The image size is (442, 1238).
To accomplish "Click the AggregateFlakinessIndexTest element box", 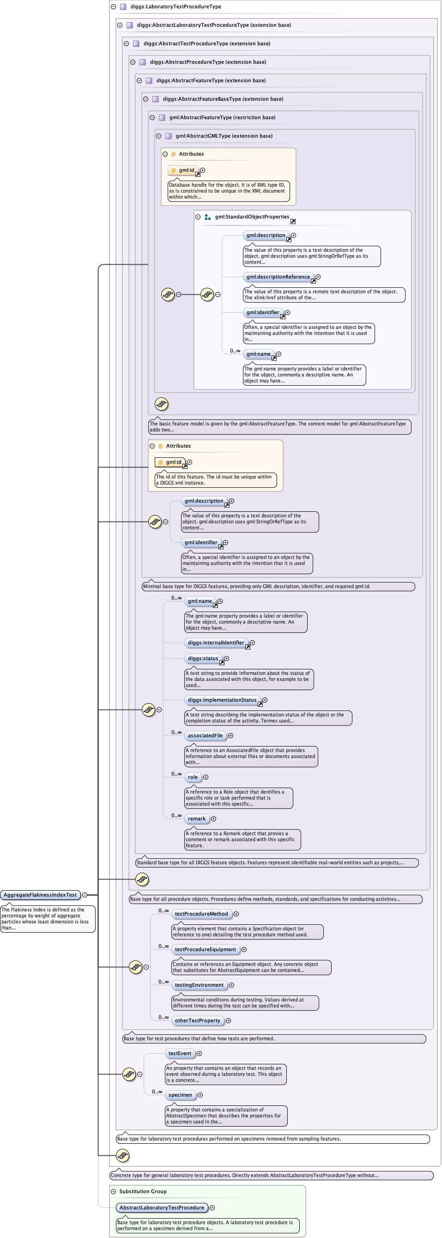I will click(x=40, y=895).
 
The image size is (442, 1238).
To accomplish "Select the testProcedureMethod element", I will click(x=201, y=914).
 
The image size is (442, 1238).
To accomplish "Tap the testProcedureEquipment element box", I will click(x=205, y=949).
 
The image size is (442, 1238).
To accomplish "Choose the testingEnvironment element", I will click(x=199, y=985).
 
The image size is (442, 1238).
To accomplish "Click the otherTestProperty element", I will click(x=198, y=1020).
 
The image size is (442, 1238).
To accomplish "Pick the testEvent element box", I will click(x=180, y=1053).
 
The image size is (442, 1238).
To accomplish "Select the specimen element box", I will click(x=180, y=1095).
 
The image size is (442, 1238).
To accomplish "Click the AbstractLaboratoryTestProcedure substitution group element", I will click(x=162, y=1207).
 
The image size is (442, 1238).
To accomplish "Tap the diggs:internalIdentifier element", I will click(x=216, y=643).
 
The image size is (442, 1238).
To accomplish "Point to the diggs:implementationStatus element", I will click(x=222, y=700).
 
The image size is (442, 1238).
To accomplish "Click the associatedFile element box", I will click(x=205, y=735).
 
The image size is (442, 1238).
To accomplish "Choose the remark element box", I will click(x=196, y=819).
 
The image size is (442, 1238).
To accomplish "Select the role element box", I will click(x=193, y=777).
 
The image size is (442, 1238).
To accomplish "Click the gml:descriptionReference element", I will click(x=278, y=277).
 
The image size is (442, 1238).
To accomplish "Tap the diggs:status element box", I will click(x=203, y=658).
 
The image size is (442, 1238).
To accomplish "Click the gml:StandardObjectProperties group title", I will click(x=252, y=217).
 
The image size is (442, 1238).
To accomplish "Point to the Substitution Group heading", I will click(x=143, y=1191).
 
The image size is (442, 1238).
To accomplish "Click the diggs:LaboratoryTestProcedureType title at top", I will click(x=176, y=7).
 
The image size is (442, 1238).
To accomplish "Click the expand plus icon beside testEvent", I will click(x=200, y=1053).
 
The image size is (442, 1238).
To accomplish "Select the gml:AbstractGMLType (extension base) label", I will click(x=224, y=136).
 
